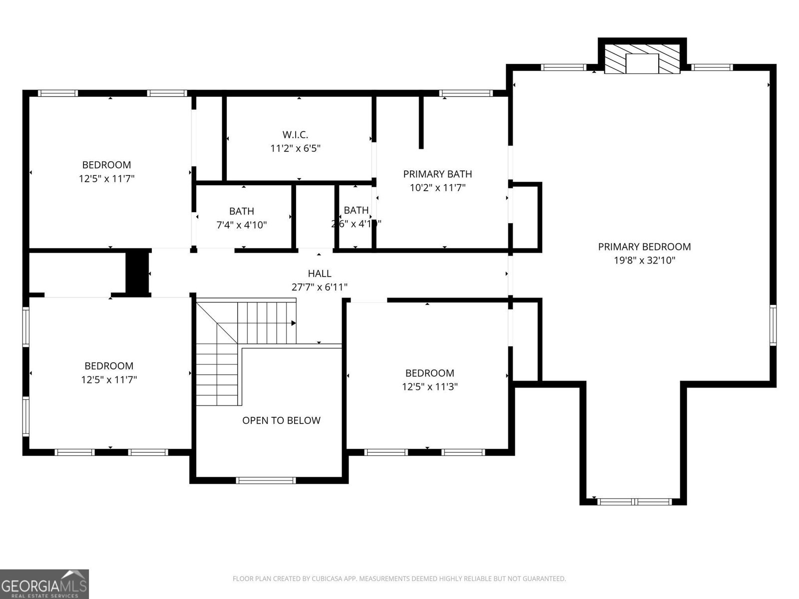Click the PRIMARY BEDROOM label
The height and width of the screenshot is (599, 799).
(x=644, y=247)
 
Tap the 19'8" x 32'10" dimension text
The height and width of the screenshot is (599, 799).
(x=644, y=260)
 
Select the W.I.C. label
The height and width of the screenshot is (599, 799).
(x=295, y=134)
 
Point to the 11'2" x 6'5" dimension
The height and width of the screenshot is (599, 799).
(x=295, y=148)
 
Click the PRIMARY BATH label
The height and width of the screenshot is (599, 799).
(x=437, y=174)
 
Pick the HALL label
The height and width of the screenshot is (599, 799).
(x=319, y=274)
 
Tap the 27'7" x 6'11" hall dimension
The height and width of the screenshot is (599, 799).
(x=319, y=287)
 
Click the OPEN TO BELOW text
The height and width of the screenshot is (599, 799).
(x=281, y=421)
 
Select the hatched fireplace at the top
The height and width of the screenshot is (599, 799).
(x=642, y=58)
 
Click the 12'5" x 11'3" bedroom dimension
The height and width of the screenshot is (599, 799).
(x=429, y=386)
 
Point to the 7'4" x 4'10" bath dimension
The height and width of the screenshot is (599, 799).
(x=241, y=225)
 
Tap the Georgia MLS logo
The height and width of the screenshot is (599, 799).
(x=44, y=584)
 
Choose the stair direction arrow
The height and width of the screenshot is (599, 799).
(x=294, y=323)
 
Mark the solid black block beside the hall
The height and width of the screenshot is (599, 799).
(x=137, y=273)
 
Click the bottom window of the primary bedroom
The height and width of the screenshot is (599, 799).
(x=635, y=501)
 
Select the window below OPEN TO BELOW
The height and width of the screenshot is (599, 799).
(x=266, y=480)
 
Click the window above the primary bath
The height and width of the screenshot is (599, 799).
(x=465, y=93)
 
